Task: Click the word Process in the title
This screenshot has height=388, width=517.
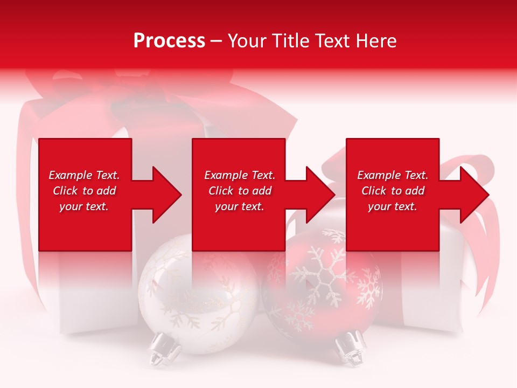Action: (x=169, y=41)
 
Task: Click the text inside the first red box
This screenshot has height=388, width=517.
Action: (x=85, y=191)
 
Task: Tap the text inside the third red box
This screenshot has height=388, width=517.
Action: (x=393, y=191)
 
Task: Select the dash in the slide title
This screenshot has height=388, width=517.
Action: (x=216, y=41)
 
